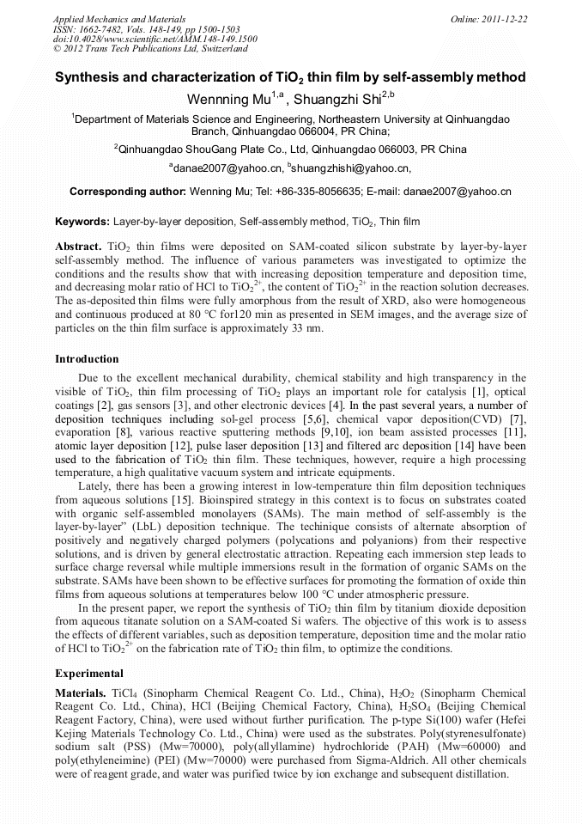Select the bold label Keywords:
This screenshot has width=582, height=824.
coord(82,222)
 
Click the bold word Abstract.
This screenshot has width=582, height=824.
coord(79,246)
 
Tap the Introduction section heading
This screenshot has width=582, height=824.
coord(88,358)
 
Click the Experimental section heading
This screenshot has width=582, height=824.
coord(89,673)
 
